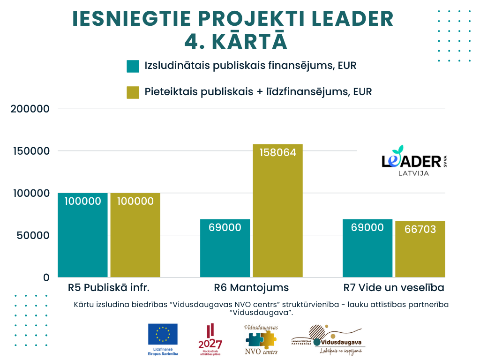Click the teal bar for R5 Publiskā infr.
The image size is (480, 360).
[x=82, y=235]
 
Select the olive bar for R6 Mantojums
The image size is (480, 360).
[x=278, y=210]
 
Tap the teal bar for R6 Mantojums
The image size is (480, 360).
[x=225, y=248]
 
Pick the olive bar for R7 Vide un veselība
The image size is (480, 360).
[x=420, y=249]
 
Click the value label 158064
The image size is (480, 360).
[x=278, y=152]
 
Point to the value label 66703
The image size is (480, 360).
[x=420, y=229]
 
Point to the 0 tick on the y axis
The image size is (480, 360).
[x=46, y=277]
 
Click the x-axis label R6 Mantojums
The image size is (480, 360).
[x=251, y=287]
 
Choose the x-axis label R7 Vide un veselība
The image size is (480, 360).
[x=394, y=287]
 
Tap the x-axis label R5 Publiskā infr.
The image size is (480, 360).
[x=109, y=287]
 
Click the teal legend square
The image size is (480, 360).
[x=133, y=66]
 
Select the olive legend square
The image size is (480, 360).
[x=133, y=92]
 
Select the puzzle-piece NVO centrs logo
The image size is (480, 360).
[x=261, y=338]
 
